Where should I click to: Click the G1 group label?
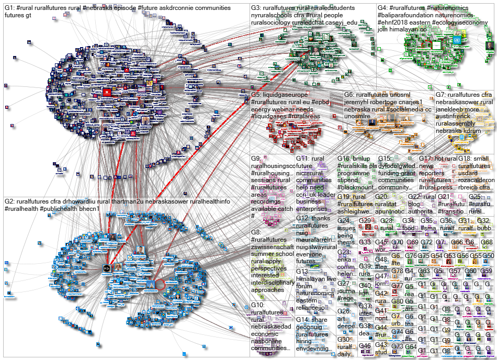point(8,8)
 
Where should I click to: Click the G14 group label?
point(302,319)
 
